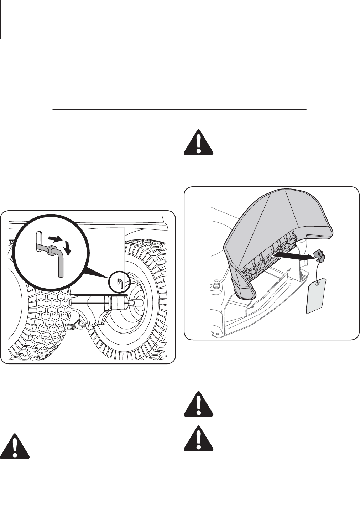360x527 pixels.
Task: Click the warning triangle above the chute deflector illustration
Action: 198,142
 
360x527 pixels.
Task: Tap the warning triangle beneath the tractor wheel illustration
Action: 15,446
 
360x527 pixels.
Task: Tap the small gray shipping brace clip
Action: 319,255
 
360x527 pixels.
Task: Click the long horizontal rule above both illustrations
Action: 179,110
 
